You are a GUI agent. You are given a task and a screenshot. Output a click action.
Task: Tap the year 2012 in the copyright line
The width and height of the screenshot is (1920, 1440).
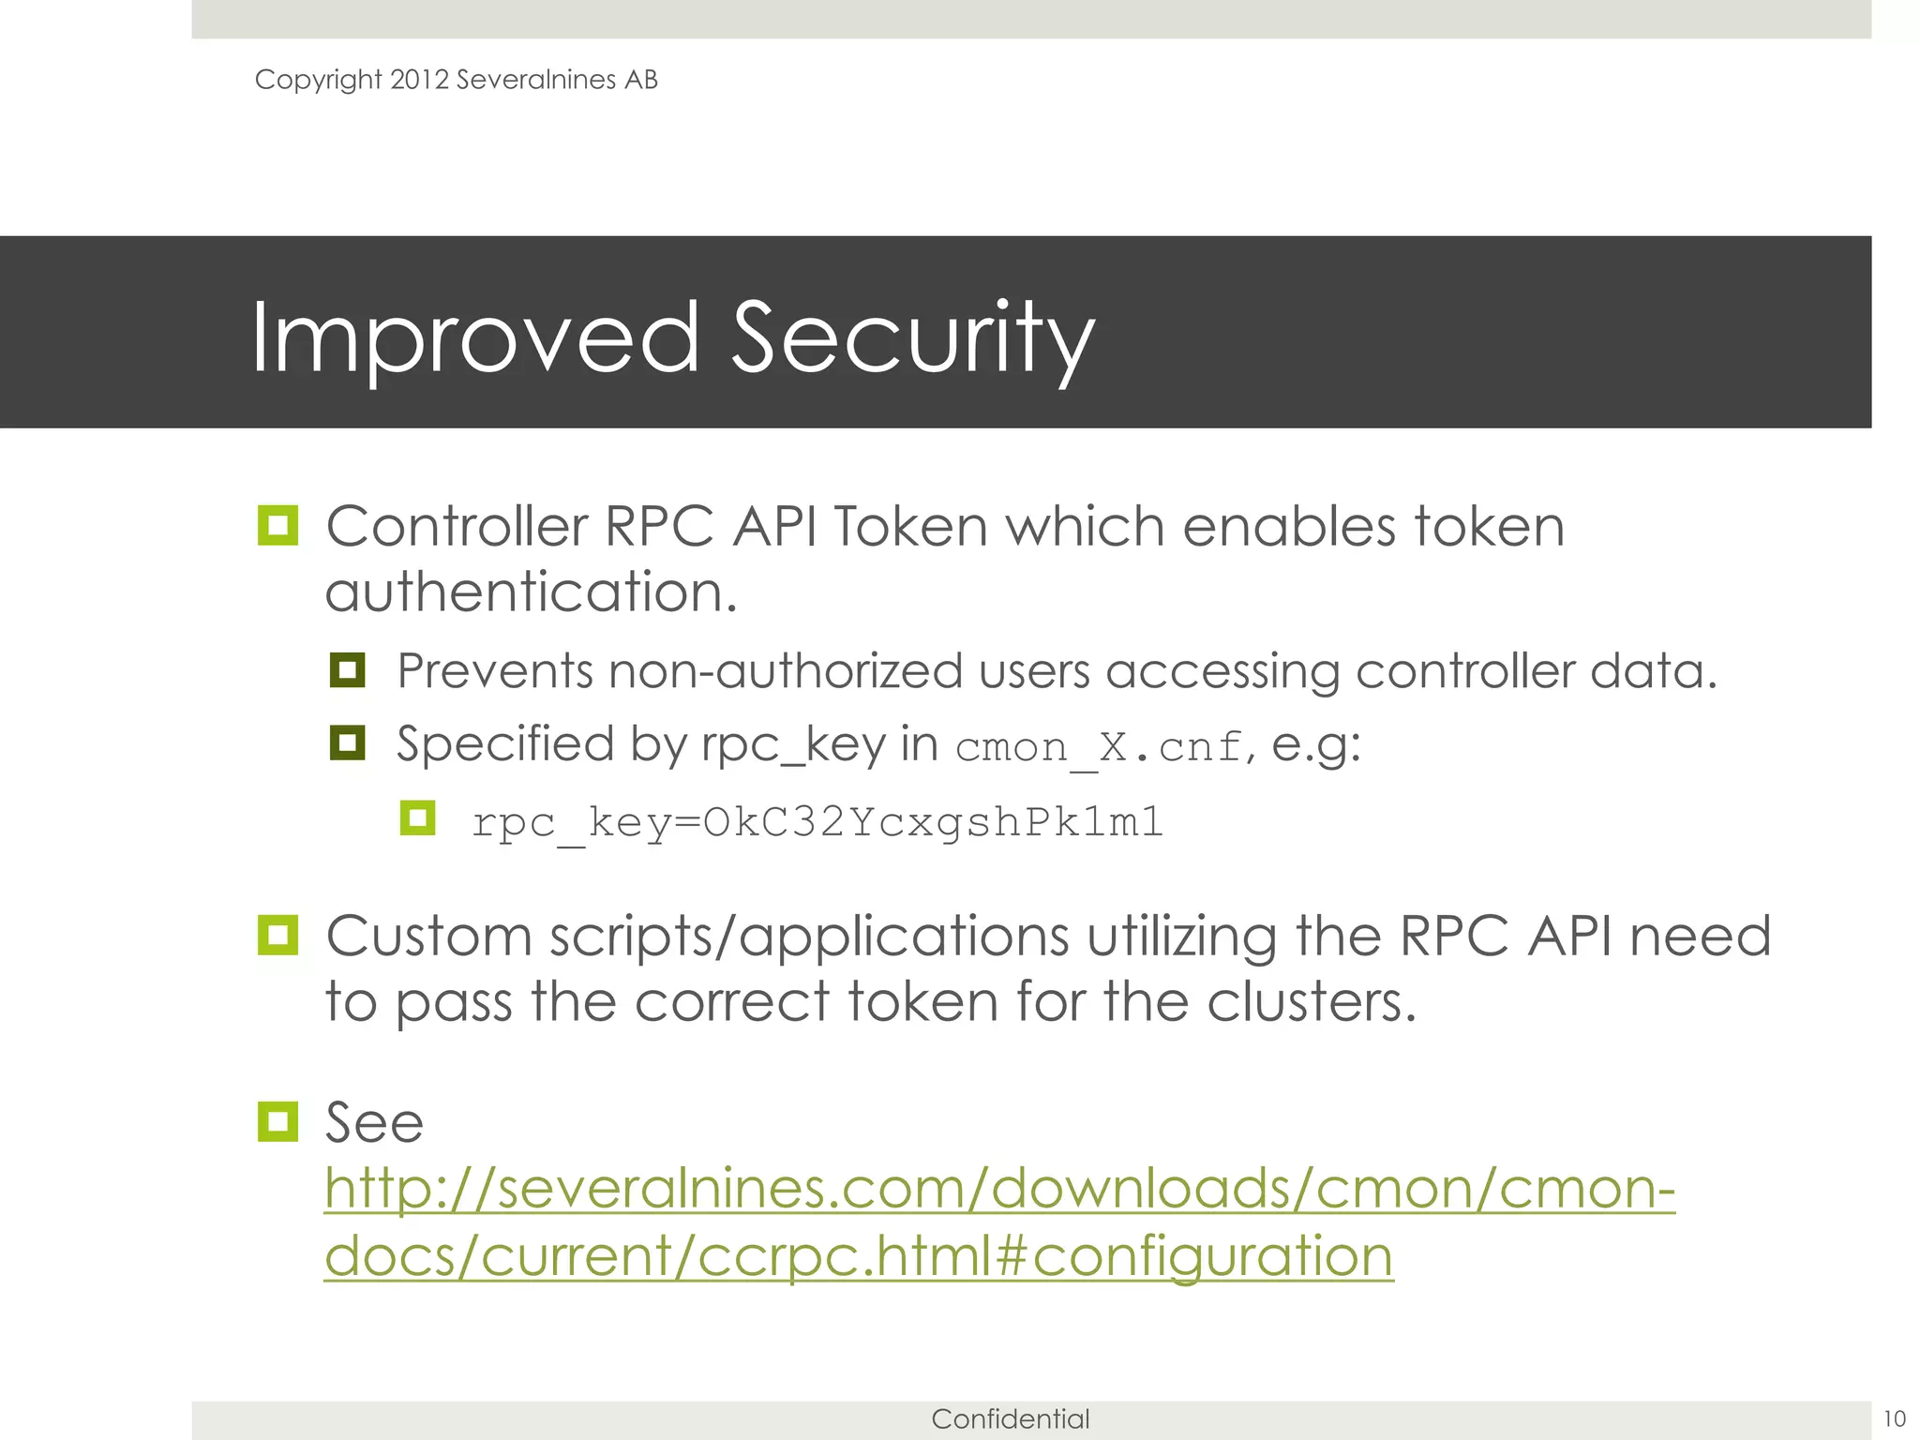(419, 80)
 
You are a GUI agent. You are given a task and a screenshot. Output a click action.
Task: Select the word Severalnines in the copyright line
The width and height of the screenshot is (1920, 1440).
(535, 80)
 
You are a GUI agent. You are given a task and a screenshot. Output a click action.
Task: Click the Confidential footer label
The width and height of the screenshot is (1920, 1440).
(1010, 1418)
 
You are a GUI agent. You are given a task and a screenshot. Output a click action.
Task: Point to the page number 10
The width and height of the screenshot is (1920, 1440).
(1894, 1418)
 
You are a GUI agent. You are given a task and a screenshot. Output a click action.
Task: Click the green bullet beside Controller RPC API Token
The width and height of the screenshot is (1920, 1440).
(277, 525)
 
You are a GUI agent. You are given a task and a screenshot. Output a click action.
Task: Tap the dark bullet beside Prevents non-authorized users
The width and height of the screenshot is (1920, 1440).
(347, 670)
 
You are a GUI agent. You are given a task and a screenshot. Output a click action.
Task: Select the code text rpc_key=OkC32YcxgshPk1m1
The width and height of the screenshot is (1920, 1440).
(817, 822)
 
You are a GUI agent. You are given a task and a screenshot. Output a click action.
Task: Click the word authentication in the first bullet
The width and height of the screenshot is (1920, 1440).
(530, 592)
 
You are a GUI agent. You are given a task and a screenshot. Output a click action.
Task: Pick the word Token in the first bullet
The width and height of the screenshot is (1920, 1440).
(909, 526)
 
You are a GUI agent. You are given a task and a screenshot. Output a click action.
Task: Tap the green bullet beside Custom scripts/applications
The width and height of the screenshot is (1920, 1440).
(277, 935)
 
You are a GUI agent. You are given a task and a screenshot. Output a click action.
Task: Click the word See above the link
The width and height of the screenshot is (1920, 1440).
(374, 1122)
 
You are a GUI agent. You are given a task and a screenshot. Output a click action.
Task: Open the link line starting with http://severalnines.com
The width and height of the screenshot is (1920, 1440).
(998, 1189)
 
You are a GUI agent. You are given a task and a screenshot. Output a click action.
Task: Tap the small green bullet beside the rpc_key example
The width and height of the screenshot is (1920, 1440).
(417, 817)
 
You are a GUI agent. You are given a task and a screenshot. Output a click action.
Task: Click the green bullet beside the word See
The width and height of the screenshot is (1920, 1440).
(277, 1121)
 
